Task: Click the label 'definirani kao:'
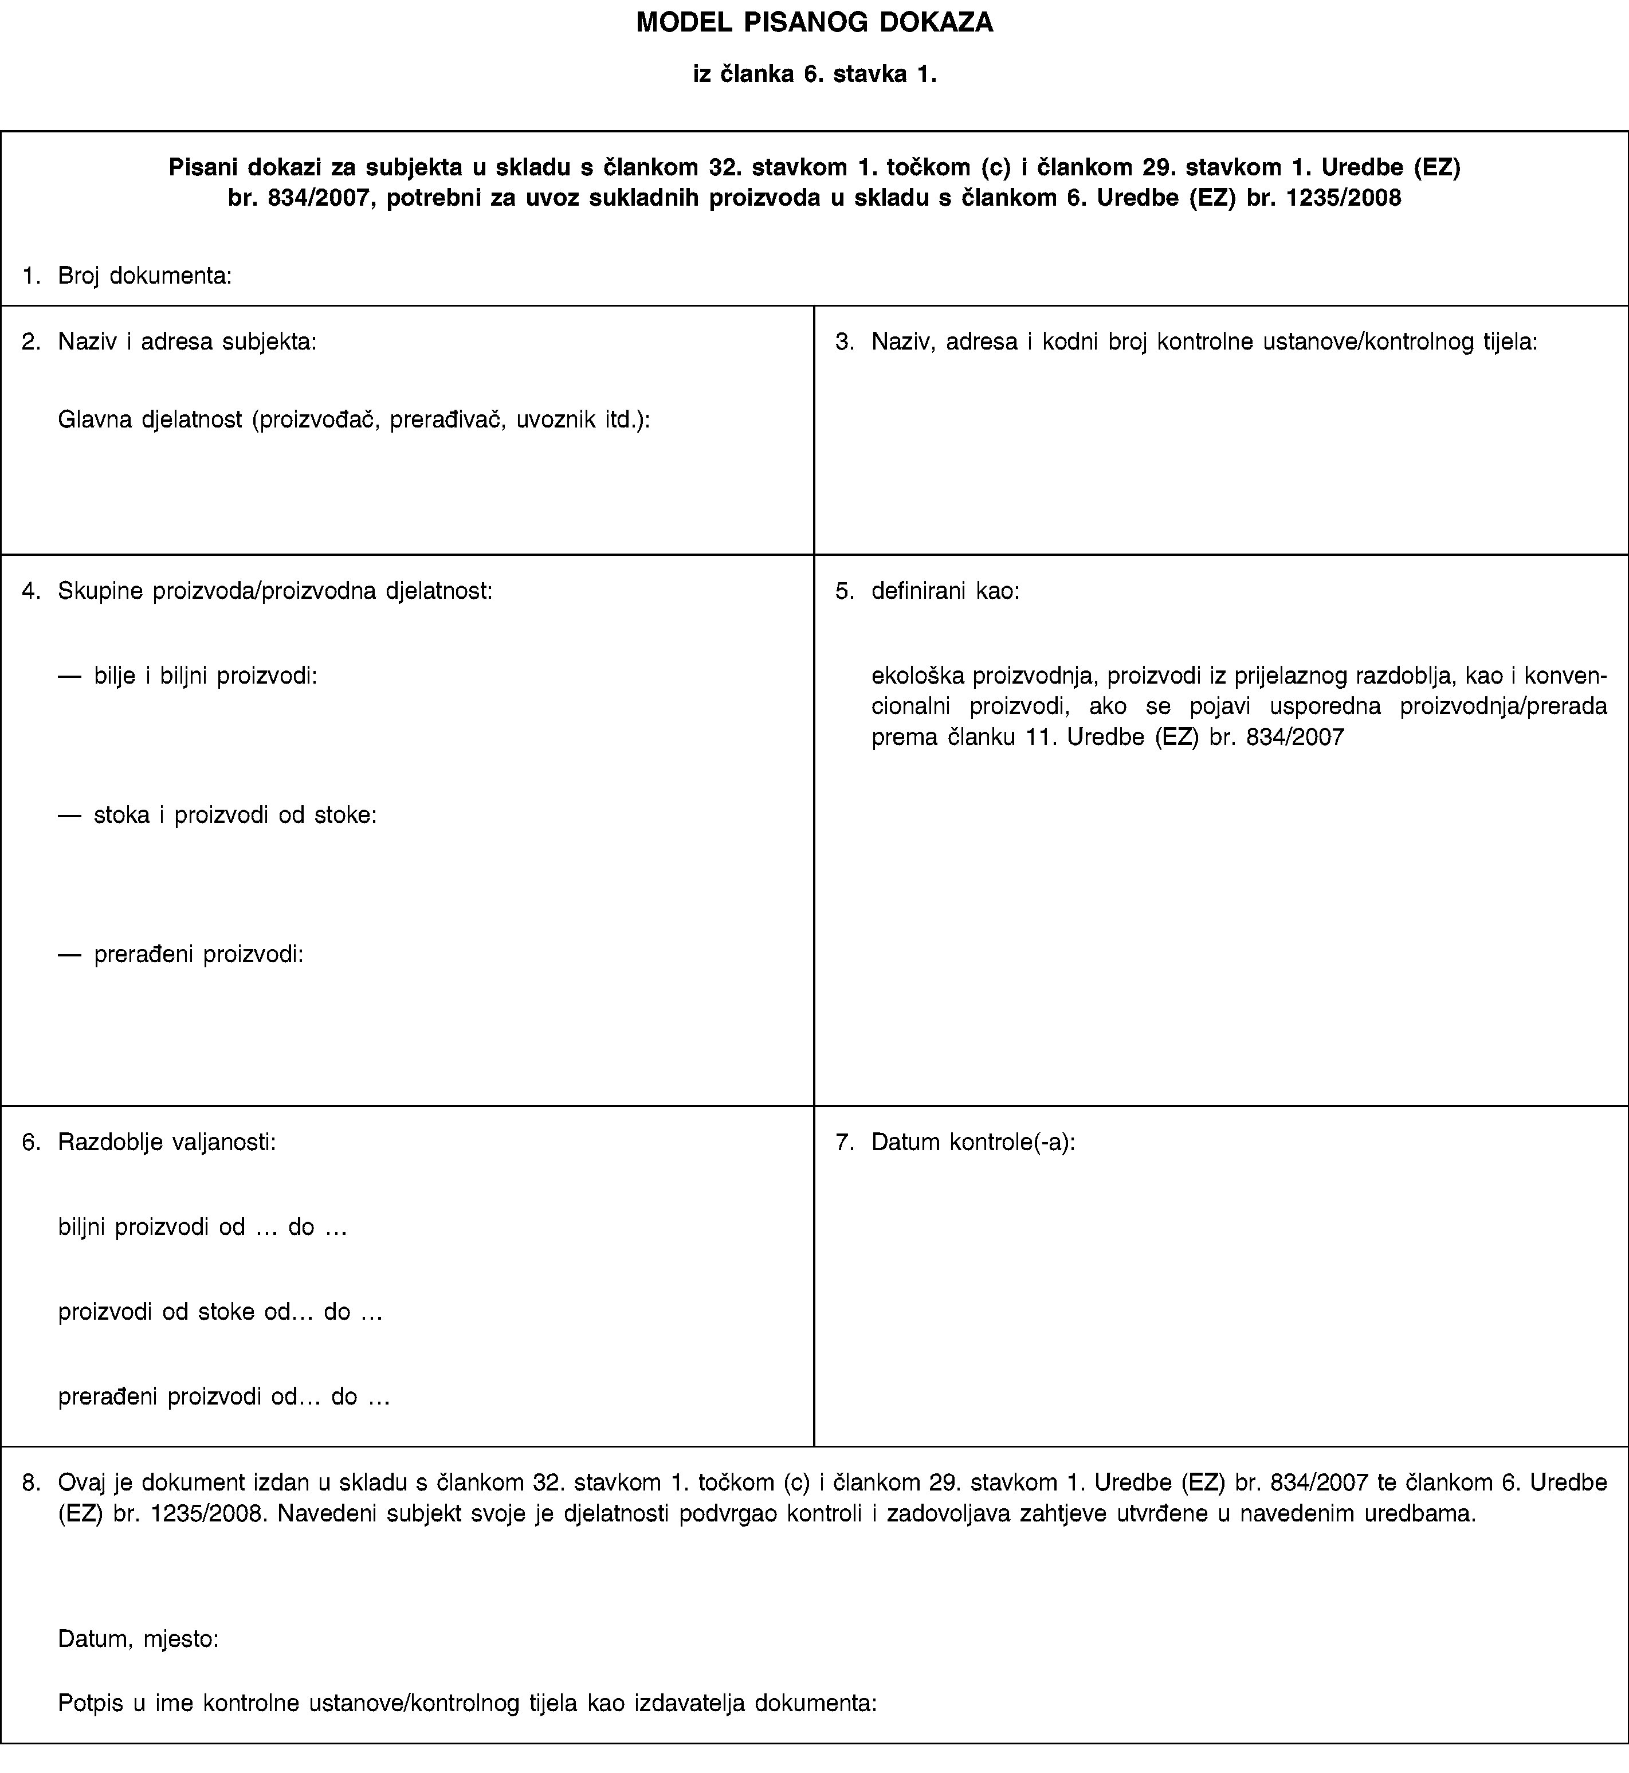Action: (945, 591)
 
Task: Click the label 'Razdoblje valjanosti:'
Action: (167, 1143)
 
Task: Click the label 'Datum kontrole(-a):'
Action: (972, 1143)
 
